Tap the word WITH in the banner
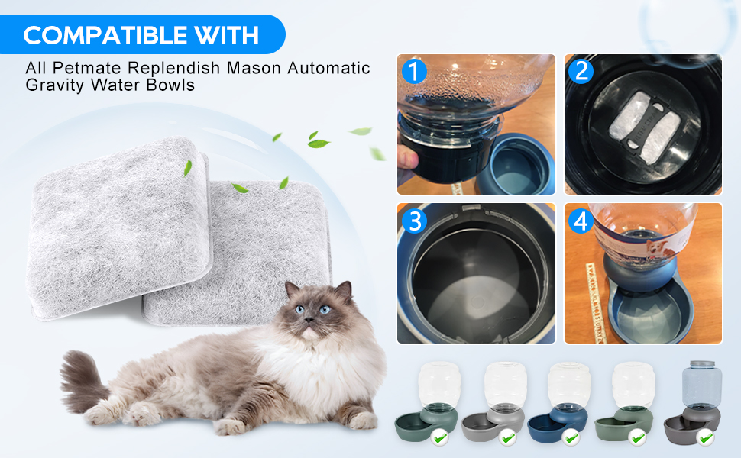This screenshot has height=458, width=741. point(226,34)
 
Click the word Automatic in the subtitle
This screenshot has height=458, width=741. point(329,68)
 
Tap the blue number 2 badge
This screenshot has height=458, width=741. point(582,71)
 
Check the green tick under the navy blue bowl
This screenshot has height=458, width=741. point(570,437)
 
